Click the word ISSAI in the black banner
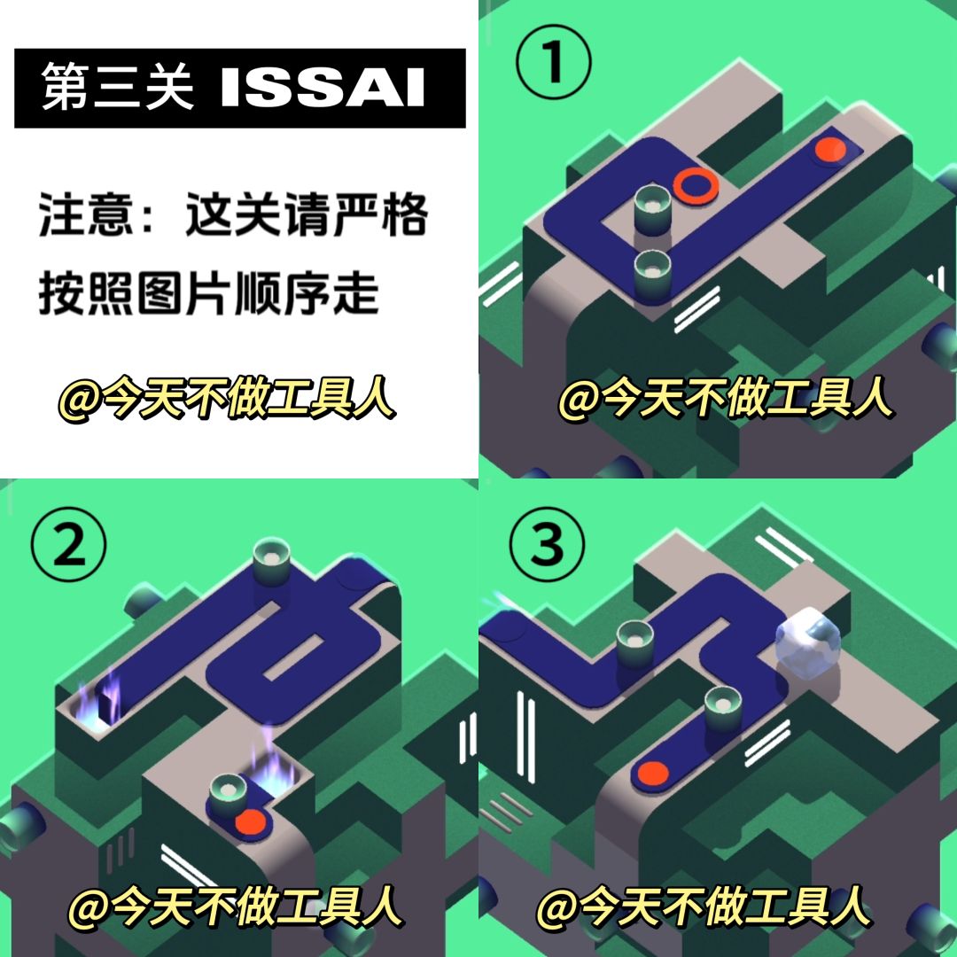pos(323,88)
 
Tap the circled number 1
pos(554,62)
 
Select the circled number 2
pos(69,544)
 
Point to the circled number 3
pos(547,544)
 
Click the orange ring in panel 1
pos(696,183)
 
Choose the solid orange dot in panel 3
pos(653,774)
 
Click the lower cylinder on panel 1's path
pos(652,276)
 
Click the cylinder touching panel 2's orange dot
pos(229,795)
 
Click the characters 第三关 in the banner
pos(117,87)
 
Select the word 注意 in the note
pos(85,214)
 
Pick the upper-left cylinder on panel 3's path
pos(635,642)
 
